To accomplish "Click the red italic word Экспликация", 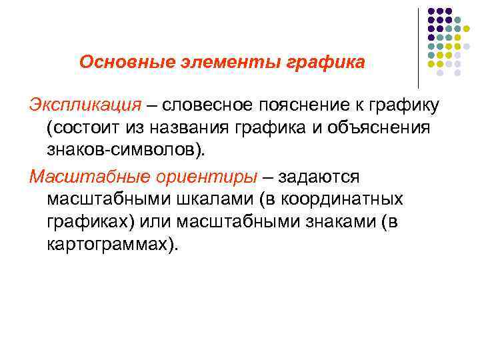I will [84, 105].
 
